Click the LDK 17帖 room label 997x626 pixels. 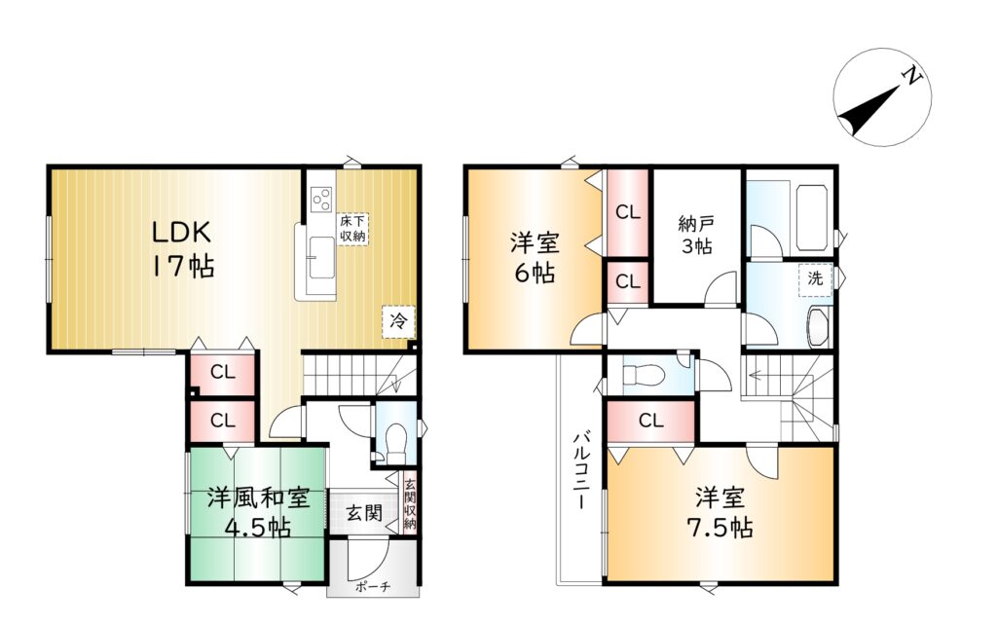pyautogui.click(x=182, y=248)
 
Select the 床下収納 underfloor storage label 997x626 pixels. pyautogui.click(x=352, y=229)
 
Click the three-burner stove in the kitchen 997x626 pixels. pyautogui.click(x=321, y=198)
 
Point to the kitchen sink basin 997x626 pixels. pyautogui.click(x=321, y=257)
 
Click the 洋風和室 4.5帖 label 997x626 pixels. pyautogui.click(x=257, y=512)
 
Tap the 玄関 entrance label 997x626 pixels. pyautogui.click(x=364, y=512)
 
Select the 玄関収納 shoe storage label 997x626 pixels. pyautogui.click(x=410, y=504)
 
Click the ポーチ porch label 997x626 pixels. pyautogui.click(x=373, y=587)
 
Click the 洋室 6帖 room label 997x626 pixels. pyautogui.click(x=535, y=258)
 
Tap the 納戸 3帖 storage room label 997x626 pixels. pyautogui.click(x=697, y=235)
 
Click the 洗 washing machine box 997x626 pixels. pyautogui.click(x=815, y=279)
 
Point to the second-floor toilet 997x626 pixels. pyautogui.click(x=644, y=376)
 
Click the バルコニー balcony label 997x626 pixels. pyautogui.click(x=580, y=471)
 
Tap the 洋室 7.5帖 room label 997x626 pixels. pyautogui.click(x=721, y=513)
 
